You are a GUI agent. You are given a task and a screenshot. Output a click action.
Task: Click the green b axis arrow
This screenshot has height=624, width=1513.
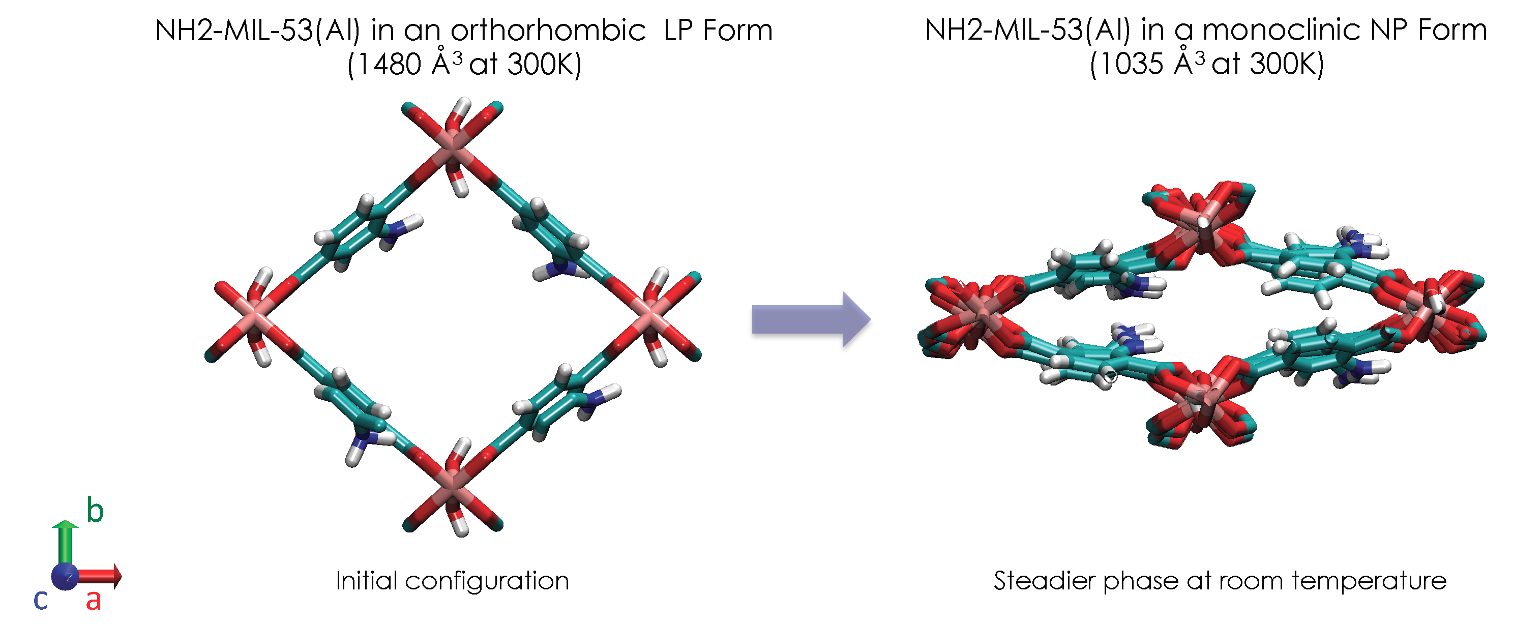(65, 544)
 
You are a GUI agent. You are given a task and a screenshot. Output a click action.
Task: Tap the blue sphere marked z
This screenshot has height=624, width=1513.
(65, 577)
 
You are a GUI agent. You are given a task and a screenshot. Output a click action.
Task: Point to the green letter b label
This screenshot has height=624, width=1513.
(95, 510)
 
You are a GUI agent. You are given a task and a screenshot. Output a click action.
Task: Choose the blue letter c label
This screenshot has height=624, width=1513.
(41, 599)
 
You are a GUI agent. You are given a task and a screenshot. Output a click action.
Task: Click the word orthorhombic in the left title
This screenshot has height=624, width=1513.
(548, 30)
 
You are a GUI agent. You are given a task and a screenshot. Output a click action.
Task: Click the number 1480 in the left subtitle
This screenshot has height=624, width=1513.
(389, 64)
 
